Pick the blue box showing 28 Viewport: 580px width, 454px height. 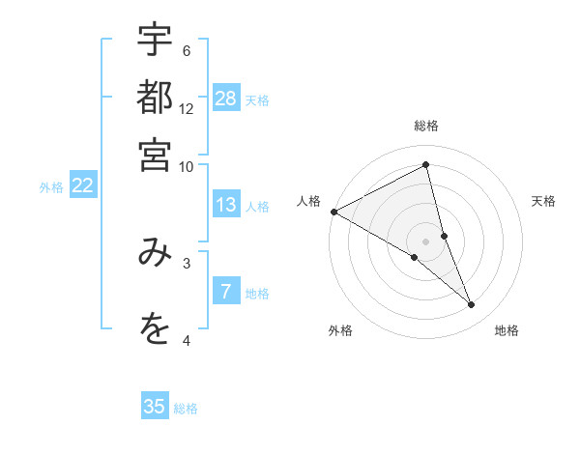click(226, 99)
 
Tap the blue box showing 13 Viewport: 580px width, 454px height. click(226, 205)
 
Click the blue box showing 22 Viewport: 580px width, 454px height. click(82, 185)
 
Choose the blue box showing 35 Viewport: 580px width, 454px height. click(155, 407)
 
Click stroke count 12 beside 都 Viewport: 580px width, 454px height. click(187, 108)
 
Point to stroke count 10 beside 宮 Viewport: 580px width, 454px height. click(186, 166)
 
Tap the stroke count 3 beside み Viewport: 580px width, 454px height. click(186, 262)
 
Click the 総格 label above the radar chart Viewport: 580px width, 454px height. click(425, 126)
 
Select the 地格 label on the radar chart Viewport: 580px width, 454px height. click(507, 331)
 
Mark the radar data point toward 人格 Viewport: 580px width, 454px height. click(333, 212)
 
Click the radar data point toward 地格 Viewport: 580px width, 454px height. click(472, 305)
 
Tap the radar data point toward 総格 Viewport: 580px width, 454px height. click(425, 165)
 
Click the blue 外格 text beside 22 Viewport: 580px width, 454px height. click(50, 187)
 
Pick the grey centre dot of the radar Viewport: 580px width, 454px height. click(425, 240)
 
